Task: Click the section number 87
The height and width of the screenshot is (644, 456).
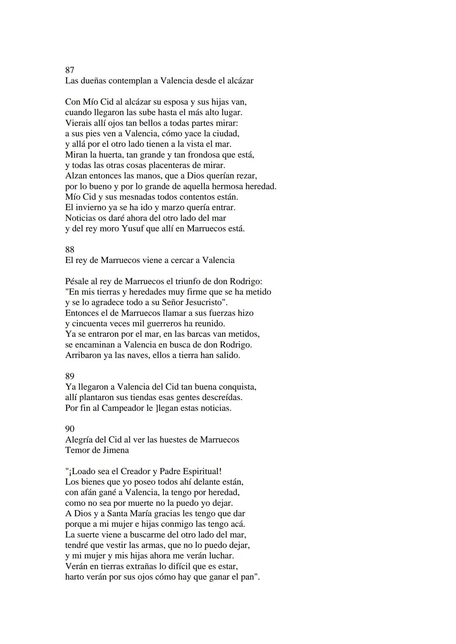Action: pyautogui.click(x=70, y=70)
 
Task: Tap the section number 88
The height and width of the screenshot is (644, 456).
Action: pyautogui.click(x=70, y=250)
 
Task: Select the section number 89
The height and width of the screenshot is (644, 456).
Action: pyautogui.click(x=70, y=376)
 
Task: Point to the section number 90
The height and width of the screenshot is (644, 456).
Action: pyautogui.click(x=70, y=429)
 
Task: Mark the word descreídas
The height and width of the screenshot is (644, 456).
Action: pyautogui.click(x=221, y=397)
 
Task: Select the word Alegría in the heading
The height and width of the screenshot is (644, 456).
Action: pyautogui.click(x=80, y=440)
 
